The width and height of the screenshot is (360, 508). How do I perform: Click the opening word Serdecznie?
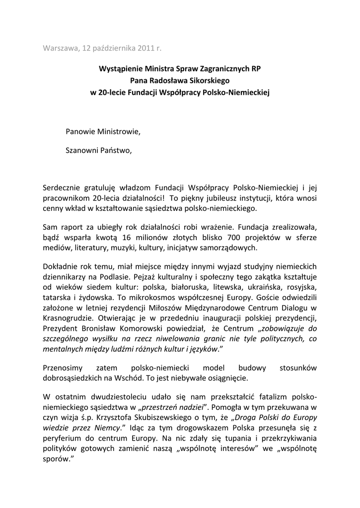coord(65,187)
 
